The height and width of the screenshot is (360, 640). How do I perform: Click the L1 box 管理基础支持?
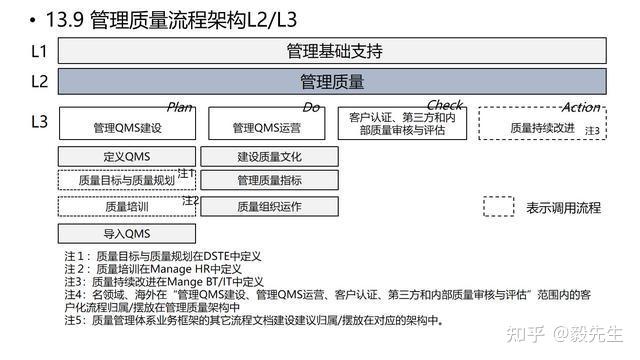coord(333,51)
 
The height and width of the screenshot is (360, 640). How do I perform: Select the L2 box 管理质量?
coord(333,81)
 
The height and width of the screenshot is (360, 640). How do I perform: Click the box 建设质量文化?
coord(269,157)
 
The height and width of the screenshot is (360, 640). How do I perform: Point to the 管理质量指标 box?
coord(269,180)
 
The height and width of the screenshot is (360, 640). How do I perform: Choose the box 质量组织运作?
coord(269,206)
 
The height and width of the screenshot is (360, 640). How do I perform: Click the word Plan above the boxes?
coord(179,107)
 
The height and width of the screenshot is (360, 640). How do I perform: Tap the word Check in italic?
coord(444,106)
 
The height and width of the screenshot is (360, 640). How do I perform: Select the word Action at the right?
coord(581,107)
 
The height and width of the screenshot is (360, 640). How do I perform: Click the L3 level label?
coord(40,121)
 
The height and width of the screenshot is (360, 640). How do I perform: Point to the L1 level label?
coord(40,50)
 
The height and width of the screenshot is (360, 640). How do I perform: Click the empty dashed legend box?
coord(498,206)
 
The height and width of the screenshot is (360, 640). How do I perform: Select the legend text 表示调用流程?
coord(564,207)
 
